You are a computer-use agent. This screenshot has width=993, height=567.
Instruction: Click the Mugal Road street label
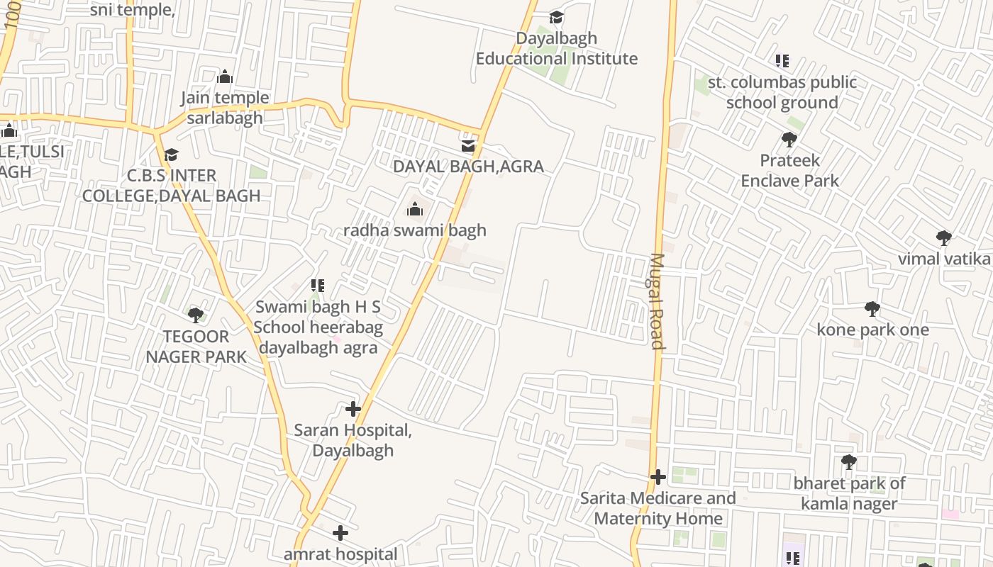[x=657, y=301]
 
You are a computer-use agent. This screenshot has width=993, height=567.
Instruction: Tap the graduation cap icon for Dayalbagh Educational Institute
[x=557, y=17]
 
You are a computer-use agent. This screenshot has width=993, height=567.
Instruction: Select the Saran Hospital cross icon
[x=353, y=409]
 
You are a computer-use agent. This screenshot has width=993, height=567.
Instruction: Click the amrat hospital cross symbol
[x=340, y=532]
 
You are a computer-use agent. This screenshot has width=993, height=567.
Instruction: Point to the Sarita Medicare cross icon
[x=658, y=476]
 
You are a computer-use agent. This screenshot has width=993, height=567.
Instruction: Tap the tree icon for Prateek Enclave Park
[x=789, y=140]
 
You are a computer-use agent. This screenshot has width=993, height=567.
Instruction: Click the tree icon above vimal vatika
[x=943, y=237]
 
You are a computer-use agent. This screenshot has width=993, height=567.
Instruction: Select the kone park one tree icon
[x=872, y=309]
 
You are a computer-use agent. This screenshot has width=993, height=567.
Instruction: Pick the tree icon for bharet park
[x=848, y=463]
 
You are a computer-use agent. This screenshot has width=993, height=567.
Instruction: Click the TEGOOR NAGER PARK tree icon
[x=196, y=315]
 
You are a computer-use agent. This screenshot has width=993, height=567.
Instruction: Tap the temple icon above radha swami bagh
[x=415, y=209]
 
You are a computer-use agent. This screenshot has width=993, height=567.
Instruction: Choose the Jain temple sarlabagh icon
[x=225, y=77]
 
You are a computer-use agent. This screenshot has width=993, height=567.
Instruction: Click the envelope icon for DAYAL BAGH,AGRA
[x=468, y=145]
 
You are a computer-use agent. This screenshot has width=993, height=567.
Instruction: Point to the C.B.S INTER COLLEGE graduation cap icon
[x=171, y=155]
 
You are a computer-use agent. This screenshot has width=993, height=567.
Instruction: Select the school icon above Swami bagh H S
[x=317, y=286]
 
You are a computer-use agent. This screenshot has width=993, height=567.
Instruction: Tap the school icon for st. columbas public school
[x=782, y=61]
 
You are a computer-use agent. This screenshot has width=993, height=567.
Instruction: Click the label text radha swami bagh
[x=415, y=230]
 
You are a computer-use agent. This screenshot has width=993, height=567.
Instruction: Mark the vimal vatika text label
[x=944, y=259]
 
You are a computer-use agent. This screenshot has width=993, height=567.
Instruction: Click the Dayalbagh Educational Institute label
[x=556, y=48]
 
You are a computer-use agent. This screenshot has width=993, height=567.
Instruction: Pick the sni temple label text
[x=133, y=10]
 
